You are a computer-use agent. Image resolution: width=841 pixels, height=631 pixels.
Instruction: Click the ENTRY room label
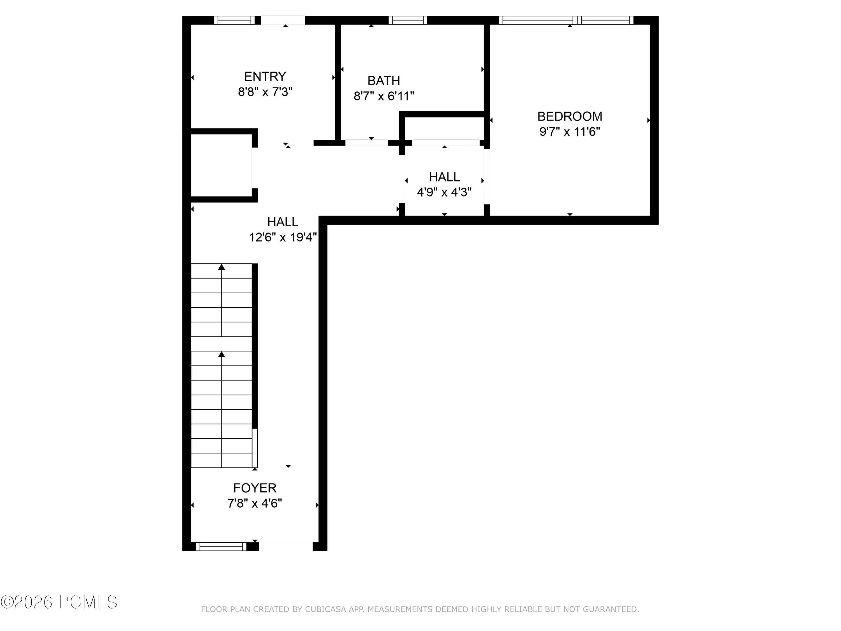pyautogui.click(x=265, y=77)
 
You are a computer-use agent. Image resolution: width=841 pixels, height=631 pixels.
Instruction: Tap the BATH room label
pyautogui.click(x=383, y=81)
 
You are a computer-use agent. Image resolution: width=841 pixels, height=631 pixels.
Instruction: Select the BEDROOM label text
pyautogui.click(x=570, y=116)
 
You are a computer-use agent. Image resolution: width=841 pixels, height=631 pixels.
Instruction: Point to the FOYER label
pyautogui.click(x=255, y=488)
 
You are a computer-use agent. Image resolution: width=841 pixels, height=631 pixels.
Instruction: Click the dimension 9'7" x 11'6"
pyautogui.click(x=570, y=132)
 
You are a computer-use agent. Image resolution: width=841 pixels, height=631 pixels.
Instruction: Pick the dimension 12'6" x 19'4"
pyautogui.click(x=283, y=237)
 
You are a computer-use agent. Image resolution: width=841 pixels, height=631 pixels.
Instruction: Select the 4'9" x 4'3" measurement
pyautogui.click(x=444, y=192)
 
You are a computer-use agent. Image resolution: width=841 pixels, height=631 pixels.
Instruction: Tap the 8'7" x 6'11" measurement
pyautogui.click(x=383, y=96)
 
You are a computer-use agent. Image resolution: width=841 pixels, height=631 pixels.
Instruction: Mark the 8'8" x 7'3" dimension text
pyautogui.click(x=265, y=92)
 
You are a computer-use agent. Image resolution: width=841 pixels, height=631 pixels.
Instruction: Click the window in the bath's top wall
pyautogui.click(x=408, y=20)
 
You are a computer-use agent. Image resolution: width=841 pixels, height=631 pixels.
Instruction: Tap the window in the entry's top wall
pyautogui.click(x=234, y=20)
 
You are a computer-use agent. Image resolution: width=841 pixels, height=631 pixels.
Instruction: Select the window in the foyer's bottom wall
pyautogui.click(x=221, y=547)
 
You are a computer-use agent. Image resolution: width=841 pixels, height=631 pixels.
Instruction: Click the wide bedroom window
pyautogui.click(x=566, y=20)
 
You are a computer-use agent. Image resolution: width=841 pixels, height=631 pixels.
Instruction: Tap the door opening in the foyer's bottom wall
pyautogui.click(x=286, y=547)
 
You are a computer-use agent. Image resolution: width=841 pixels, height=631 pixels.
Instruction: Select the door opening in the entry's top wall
pyautogui.click(x=283, y=20)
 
